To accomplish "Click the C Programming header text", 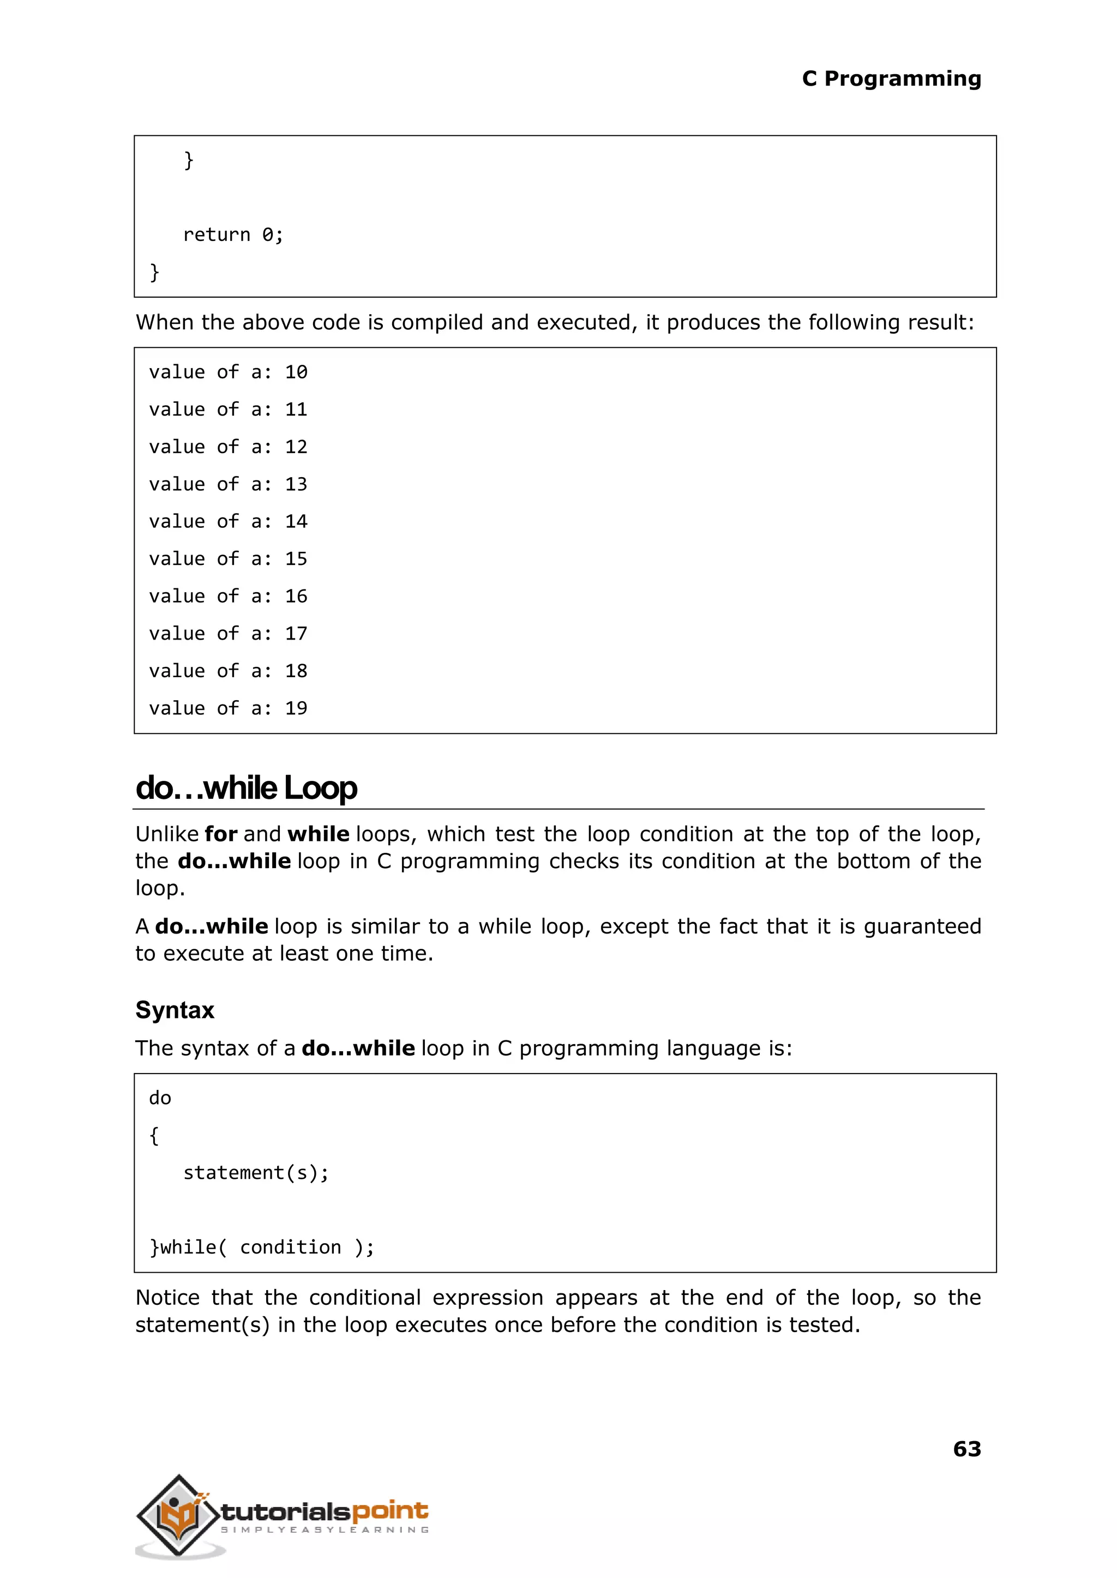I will click(891, 79).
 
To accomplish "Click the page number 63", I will click(966, 1449).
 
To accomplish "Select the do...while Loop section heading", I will click(246, 788).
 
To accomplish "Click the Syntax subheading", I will click(175, 1010).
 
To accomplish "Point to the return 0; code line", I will click(232, 235).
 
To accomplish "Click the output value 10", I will click(296, 372).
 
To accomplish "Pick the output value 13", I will click(296, 485).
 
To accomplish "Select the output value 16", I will click(296, 597).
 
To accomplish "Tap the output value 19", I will click(296, 709).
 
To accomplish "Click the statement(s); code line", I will click(256, 1173).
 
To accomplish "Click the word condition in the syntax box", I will click(290, 1248).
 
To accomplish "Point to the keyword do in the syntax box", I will click(160, 1099).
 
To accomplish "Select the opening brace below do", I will click(154, 1135).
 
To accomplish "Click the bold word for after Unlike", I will click(221, 834).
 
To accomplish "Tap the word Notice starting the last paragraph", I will click(167, 1298).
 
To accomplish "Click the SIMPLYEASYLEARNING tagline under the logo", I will click(325, 1530).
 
